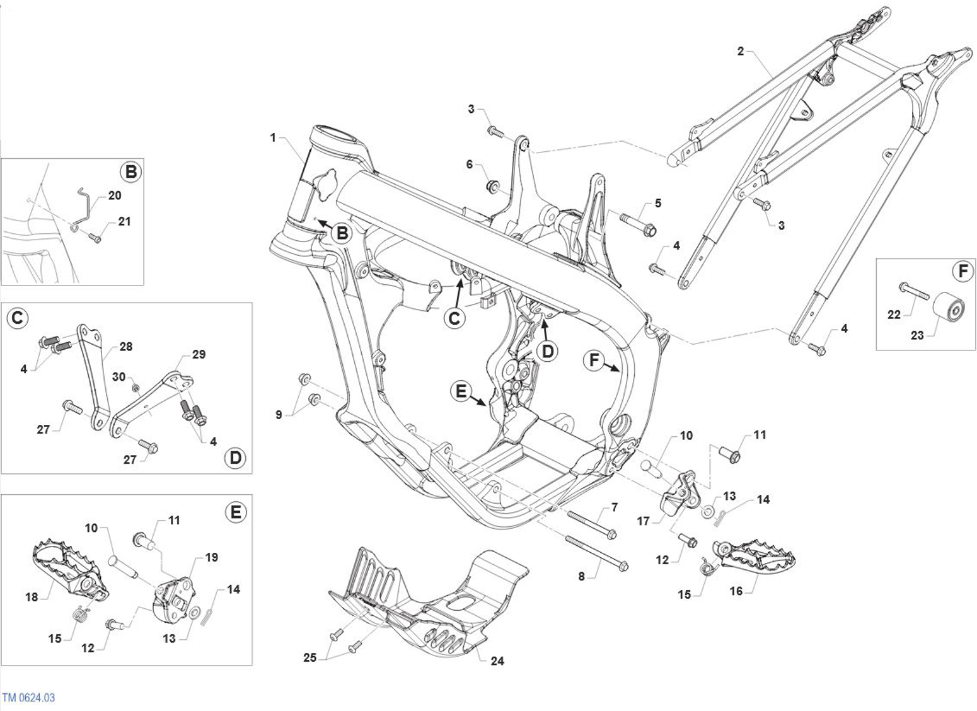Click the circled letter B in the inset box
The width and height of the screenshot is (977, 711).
(130, 172)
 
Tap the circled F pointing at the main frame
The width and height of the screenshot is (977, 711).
(594, 361)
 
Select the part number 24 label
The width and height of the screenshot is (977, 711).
(497, 661)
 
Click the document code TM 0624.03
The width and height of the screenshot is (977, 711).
(28, 697)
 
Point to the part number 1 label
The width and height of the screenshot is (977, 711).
(273, 137)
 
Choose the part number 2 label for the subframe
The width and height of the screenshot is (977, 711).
(741, 51)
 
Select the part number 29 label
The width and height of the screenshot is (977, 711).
(199, 355)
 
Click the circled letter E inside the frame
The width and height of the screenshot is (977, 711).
(461, 391)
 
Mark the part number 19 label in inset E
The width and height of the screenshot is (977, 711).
(211, 557)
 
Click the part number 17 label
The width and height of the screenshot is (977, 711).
(643, 521)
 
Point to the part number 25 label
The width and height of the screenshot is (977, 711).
(309, 657)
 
